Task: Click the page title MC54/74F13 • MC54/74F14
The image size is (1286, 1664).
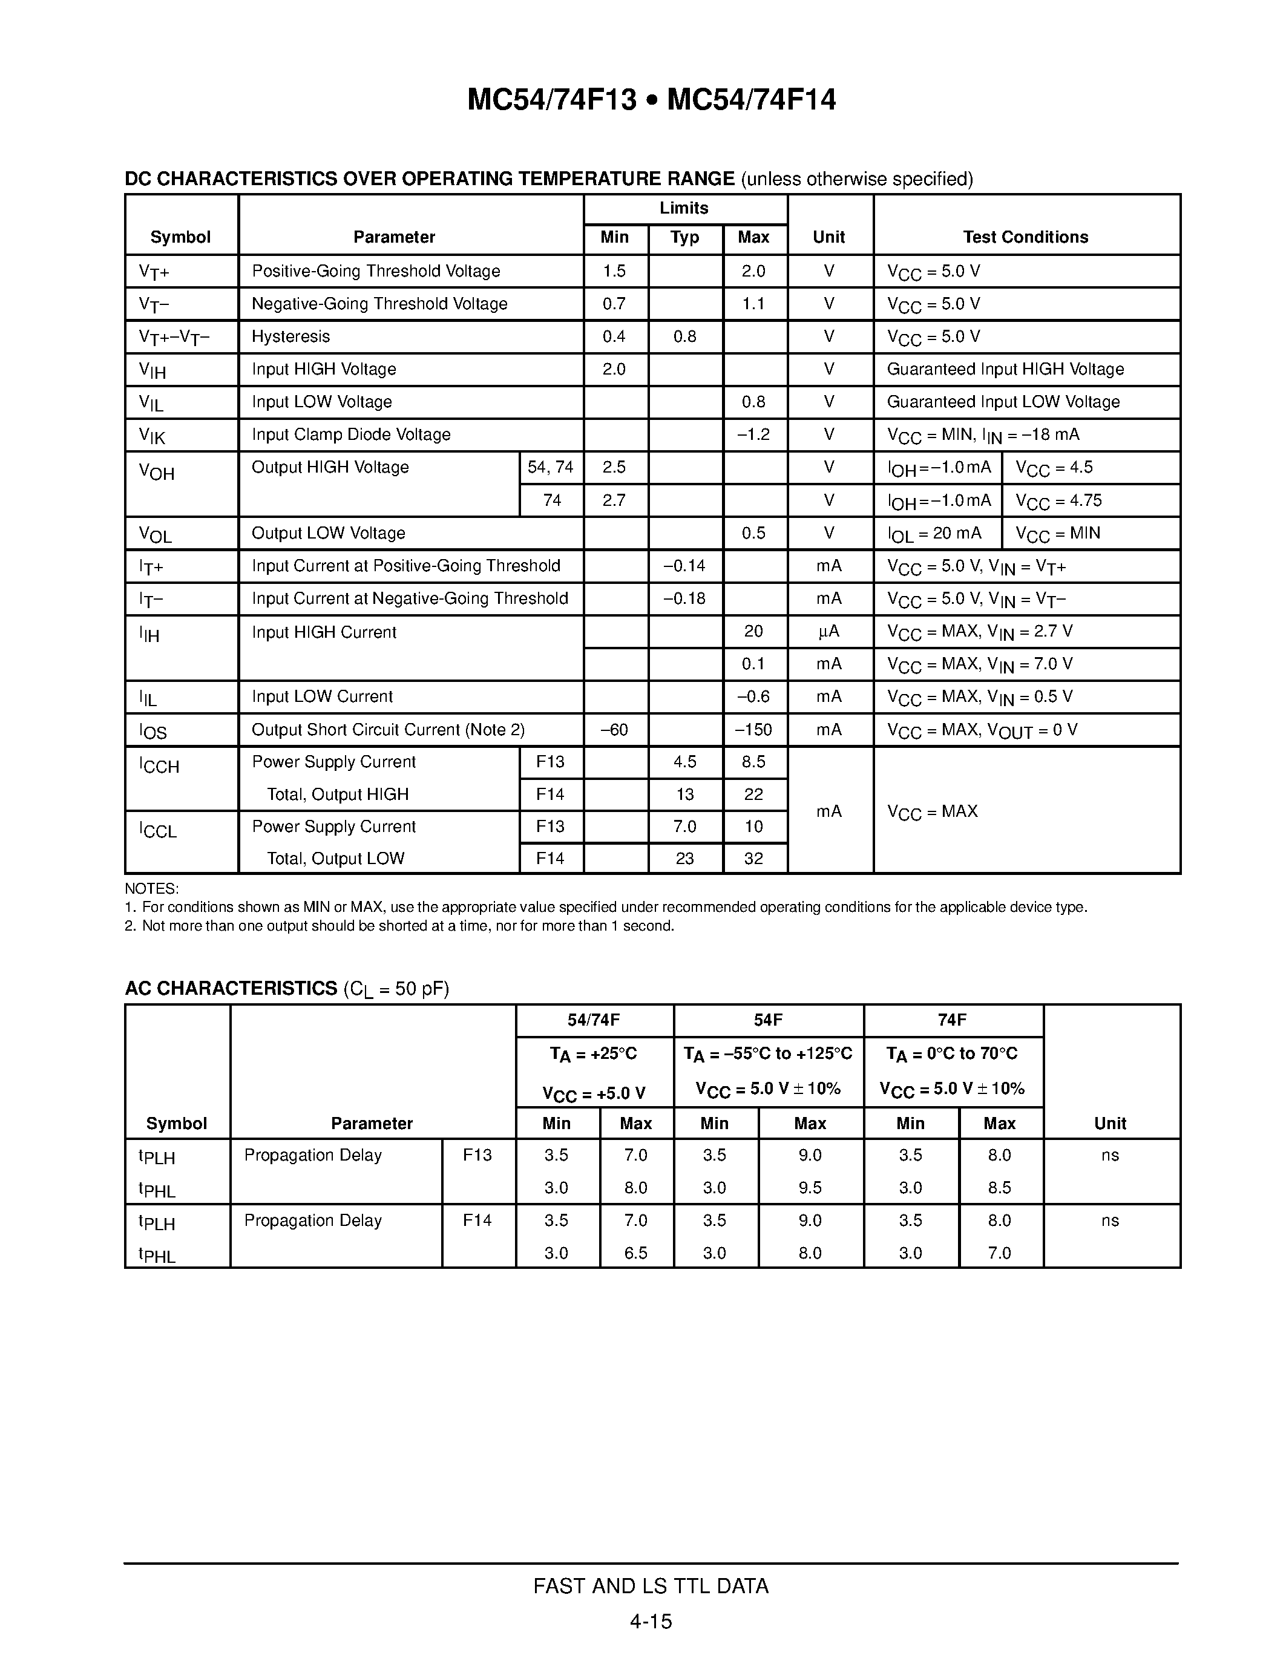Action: pyautogui.click(x=651, y=100)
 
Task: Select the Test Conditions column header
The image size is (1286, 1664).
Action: pyautogui.click(x=1025, y=237)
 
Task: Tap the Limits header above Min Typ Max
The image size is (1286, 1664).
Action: pyautogui.click(x=684, y=208)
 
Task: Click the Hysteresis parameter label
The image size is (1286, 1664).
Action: pyautogui.click(x=290, y=337)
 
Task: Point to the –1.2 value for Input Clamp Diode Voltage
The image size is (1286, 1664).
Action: pyautogui.click(x=753, y=434)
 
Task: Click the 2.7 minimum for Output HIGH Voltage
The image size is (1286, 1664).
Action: pyautogui.click(x=614, y=500)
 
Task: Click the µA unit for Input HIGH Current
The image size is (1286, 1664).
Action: pyautogui.click(x=829, y=632)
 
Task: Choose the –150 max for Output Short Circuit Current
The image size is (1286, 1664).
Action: pyautogui.click(x=753, y=730)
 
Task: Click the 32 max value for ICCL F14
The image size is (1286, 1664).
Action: pyautogui.click(x=753, y=859)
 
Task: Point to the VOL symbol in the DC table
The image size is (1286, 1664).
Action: pyautogui.click(x=156, y=534)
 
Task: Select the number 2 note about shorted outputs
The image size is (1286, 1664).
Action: pyautogui.click(x=399, y=926)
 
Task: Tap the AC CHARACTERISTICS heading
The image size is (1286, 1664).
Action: pyautogui.click(x=231, y=988)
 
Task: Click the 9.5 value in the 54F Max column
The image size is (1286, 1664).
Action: pyautogui.click(x=810, y=1188)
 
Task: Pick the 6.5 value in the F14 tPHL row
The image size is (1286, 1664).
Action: pyautogui.click(x=635, y=1253)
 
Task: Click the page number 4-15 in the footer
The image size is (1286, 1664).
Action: pyautogui.click(x=651, y=1621)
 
